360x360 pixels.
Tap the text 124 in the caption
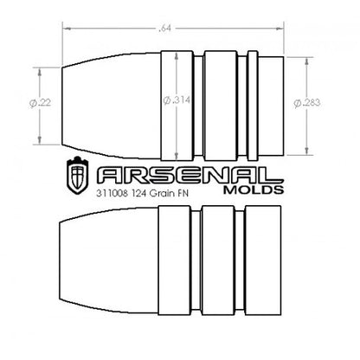[x=143, y=195]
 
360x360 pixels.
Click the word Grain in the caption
[x=166, y=195]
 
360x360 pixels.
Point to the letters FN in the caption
[x=188, y=195]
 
